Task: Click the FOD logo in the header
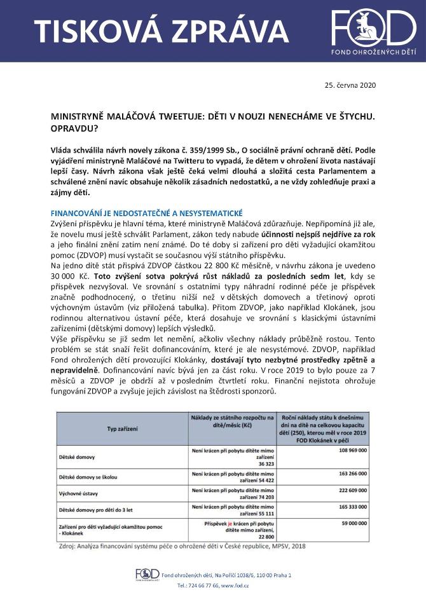point(373,30)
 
